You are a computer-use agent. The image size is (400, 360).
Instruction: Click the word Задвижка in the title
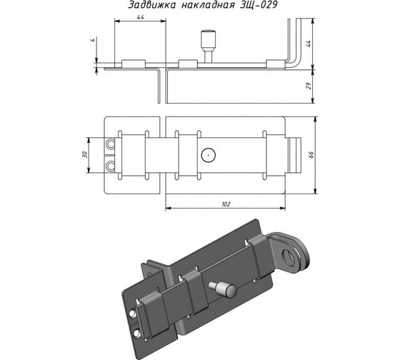tap(151, 5)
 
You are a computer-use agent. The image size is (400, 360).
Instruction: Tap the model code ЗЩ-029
tap(259, 5)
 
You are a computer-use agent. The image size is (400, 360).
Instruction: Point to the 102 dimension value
tap(226, 204)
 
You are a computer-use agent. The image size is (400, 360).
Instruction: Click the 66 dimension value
tap(311, 155)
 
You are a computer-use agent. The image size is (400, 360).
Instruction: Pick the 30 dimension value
tap(85, 154)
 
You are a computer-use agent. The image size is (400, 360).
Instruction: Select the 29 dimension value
tap(309, 86)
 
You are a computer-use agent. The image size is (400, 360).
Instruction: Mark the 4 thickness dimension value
tap(93, 40)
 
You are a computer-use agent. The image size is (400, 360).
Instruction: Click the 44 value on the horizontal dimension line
tap(141, 17)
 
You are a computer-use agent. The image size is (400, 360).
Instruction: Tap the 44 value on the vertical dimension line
tap(309, 44)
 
